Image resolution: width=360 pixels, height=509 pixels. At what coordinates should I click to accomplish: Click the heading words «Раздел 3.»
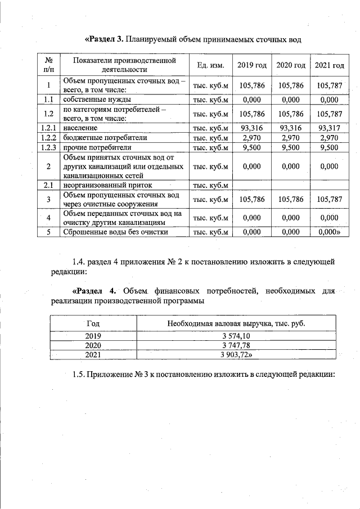[104, 39]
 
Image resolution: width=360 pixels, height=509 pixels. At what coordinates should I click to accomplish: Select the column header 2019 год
[251, 66]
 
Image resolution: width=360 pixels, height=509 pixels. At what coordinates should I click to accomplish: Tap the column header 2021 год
[329, 66]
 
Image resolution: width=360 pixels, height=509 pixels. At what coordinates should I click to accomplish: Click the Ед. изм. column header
[211, 66]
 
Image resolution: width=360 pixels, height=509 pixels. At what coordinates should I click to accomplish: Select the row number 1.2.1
[49, 128]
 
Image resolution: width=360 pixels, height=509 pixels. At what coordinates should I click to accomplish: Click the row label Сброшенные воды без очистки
[115, 232]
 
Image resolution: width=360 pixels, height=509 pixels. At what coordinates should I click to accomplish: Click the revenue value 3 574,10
[238, 336]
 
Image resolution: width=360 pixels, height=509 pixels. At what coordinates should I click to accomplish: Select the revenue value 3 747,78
[238, 345]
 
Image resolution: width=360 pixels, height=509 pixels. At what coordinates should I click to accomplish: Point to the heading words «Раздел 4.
[94, 291]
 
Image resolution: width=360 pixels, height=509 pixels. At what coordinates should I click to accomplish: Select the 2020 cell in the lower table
[93, 345]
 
